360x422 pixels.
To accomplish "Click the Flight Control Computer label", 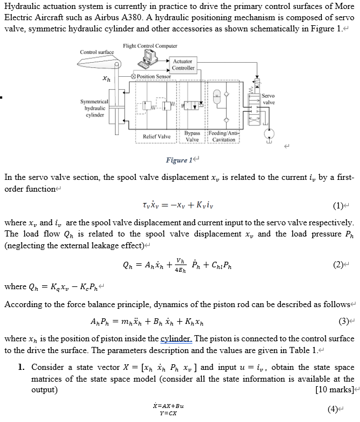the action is (149, 45).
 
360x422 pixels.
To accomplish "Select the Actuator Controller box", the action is (183, 64).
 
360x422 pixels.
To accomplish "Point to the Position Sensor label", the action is (154, 77).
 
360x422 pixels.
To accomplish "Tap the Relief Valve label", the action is (156, 136).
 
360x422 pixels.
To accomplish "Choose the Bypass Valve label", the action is (192, 136).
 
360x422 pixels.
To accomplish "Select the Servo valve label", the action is (269, 99).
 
